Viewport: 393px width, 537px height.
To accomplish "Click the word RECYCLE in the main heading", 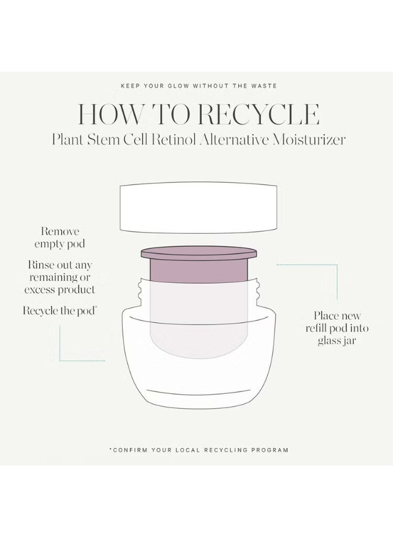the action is point(258,114).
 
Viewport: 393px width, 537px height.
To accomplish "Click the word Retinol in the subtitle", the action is point(174,140).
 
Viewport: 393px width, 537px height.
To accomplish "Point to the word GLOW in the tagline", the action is point(178,85).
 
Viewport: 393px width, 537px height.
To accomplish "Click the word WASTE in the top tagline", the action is point(263,85).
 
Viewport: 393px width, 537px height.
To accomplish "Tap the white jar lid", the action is point(198,208).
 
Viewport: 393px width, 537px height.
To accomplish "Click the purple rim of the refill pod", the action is point(198,254).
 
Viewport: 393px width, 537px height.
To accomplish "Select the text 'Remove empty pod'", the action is point(60,237).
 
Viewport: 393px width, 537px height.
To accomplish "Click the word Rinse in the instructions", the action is point(40,265).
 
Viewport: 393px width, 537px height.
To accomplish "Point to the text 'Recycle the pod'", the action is point(60,311).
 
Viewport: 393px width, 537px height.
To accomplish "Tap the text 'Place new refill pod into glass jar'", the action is point(337,328).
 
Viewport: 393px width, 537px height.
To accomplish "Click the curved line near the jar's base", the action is point(198,393).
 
